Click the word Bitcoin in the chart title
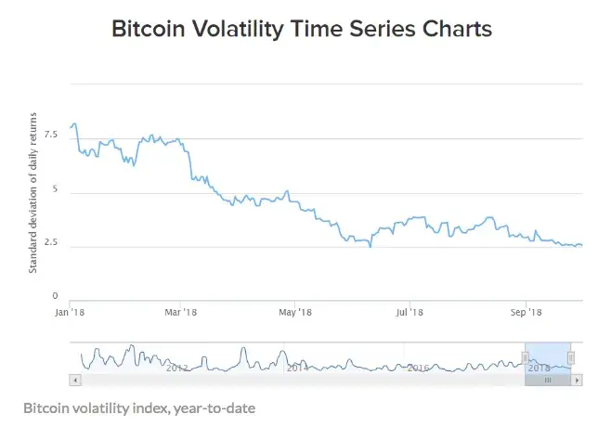(x=148, y=29)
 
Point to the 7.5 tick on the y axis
(x=50, y=135)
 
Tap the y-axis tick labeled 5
(x=55, y=189)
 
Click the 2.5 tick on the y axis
(x=50, y=243)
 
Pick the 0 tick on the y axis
(x=55, y=297)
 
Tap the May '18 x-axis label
(x=295, y=313)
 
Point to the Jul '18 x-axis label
(x=409, y=313)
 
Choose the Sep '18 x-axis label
(x=526, y=313)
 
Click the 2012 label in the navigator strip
(x=176, y=368)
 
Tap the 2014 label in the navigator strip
(x=296, y=368)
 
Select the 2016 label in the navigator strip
(x=417, y=368)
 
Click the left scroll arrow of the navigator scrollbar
(x=74, y=380)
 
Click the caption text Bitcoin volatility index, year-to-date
(x=138, y=408)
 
